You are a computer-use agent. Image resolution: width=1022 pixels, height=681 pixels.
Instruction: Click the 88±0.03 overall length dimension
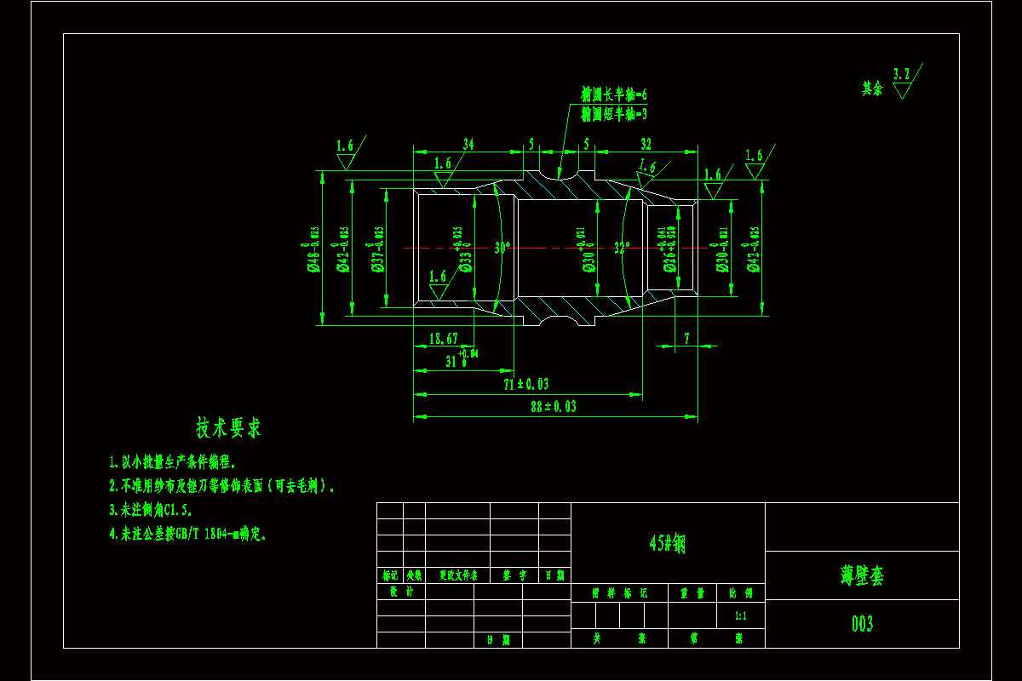[x=553, y=407]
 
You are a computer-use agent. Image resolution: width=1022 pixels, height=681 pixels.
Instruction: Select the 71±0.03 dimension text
[x=525, y=384]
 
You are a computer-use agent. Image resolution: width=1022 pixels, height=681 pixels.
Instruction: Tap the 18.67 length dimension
[x=444, y=339]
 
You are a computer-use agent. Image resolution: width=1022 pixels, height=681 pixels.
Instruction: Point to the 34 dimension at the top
[x=468, y=144]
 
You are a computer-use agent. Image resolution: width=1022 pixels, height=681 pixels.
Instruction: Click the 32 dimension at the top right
[x=646, y=144]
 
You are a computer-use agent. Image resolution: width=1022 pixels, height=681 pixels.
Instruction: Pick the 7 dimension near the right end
[x=686, y=339]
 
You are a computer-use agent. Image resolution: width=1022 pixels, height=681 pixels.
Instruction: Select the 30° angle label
[x=502, y=249]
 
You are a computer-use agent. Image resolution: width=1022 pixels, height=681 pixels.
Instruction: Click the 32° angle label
[x=622, y=249]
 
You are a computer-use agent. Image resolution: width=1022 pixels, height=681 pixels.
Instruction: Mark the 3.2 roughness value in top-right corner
[x=901, y=74]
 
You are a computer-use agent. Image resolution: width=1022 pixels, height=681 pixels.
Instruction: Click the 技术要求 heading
[x=228, y=427]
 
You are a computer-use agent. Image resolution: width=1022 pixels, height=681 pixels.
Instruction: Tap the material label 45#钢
[x=667, y=544]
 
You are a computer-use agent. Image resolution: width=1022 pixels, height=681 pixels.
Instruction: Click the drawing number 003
[x=862, y=624]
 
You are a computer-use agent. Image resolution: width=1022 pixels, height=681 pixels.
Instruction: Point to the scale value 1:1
[x=741, y=615]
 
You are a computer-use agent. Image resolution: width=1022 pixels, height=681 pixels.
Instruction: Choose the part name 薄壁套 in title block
[x=862, y=575]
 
